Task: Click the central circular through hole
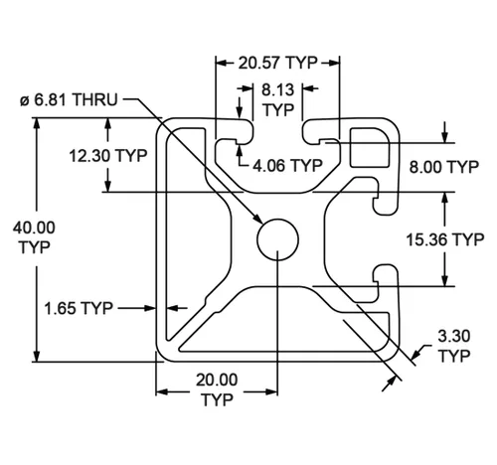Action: [x=277, y=239]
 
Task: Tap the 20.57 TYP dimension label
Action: [x=278, y=63]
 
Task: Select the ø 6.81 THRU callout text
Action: [x=69, y=99]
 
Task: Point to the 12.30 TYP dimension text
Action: [x=108, y=155]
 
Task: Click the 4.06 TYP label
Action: [x=287, y=165]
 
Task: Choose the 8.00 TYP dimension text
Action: [x=444, y=167]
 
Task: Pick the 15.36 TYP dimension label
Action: [x=445, y=239]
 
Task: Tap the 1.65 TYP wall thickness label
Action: [x=79, y=308]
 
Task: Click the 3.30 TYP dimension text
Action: [x=454, y=346]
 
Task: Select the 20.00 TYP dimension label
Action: [x=217, y=389]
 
